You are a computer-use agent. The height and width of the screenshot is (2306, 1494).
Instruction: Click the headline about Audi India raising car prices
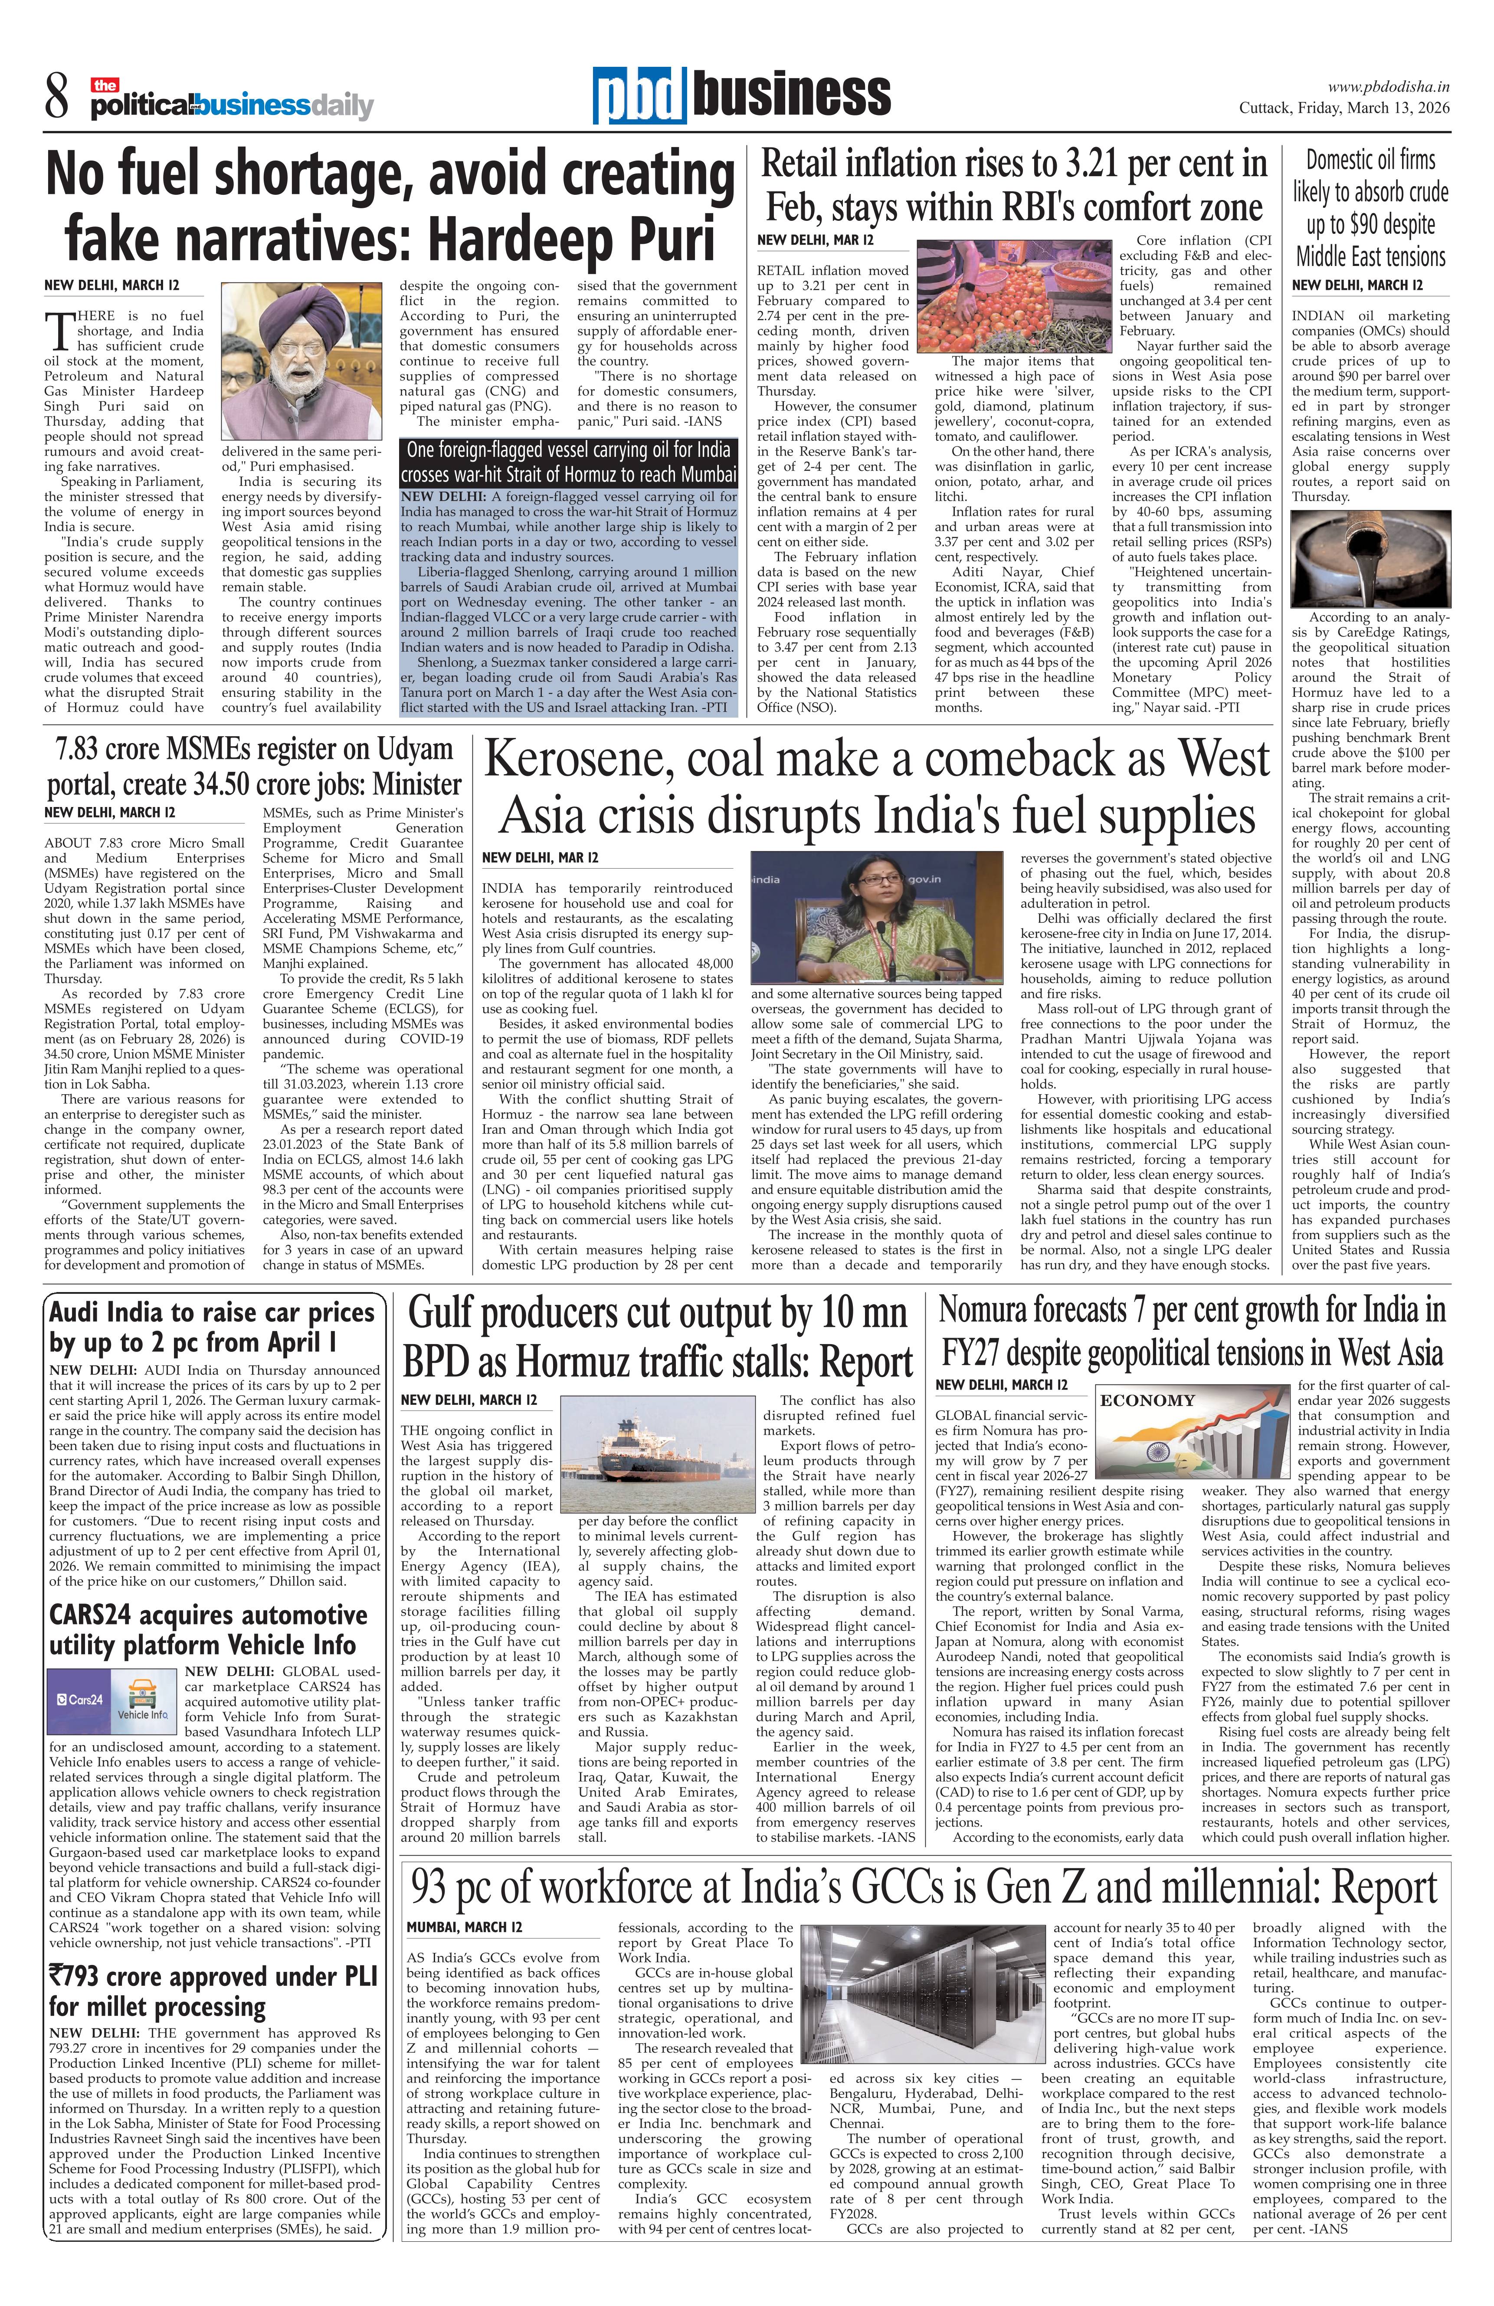pos(211,1327)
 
